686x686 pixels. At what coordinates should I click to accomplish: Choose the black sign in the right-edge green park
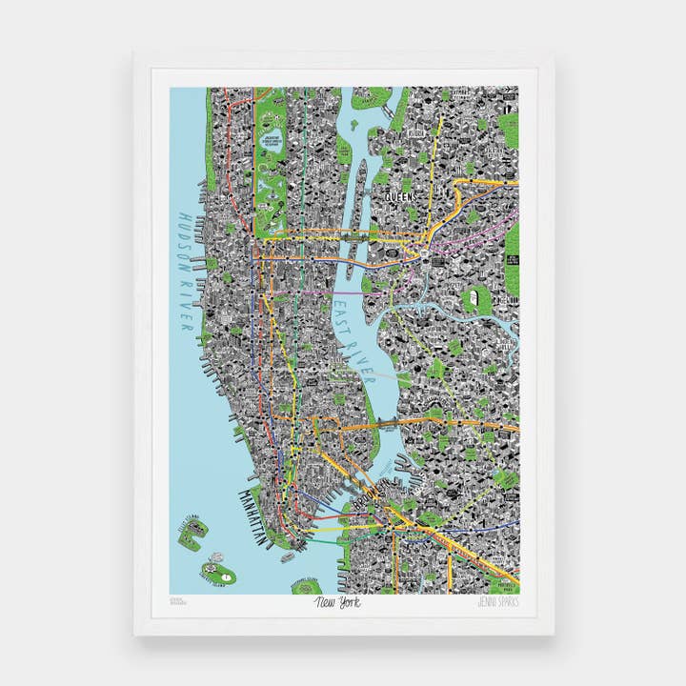point(512,259)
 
